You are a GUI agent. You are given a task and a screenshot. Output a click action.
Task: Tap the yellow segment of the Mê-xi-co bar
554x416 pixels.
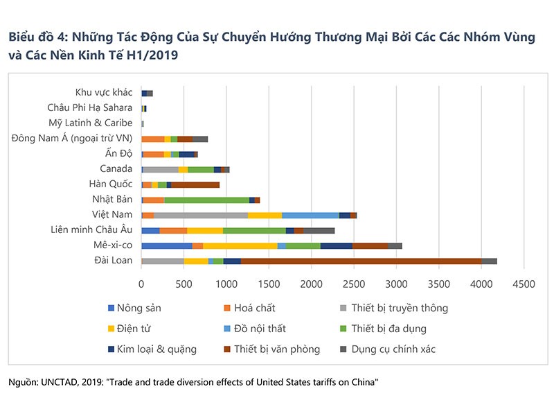pos(240,245)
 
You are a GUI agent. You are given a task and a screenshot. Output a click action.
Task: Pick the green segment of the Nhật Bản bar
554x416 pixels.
pos(206,200)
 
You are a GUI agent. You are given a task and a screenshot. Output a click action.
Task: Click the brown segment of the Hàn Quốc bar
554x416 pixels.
pos(195,184)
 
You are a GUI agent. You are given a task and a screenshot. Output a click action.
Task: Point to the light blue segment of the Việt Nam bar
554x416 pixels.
pos(310,215)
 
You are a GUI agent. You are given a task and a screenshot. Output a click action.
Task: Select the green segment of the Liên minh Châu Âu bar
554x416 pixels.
pos(254,230)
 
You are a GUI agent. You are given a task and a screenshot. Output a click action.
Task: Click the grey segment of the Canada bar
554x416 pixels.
pos(161,169)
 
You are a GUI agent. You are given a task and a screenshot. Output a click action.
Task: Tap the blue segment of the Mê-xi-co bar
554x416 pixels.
pos(167,245)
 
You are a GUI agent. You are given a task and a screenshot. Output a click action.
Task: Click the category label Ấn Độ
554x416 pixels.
pos(120,153)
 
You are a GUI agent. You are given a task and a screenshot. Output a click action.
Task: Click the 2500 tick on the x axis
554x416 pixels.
pos(354,284)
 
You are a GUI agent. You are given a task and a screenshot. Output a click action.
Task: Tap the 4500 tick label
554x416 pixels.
pos(524,284)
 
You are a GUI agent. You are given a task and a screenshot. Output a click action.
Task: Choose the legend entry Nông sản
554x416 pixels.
pos(136,308)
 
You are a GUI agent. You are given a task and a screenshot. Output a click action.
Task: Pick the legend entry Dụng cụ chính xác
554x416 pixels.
pos(393,349)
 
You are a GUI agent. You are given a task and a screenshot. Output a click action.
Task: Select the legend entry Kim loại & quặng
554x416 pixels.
pos(157,349)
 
